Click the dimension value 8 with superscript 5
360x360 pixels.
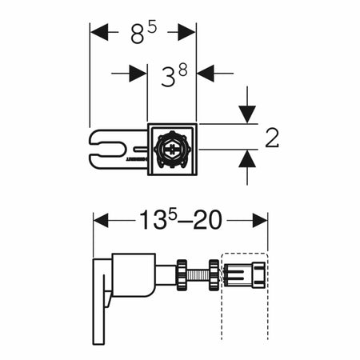point(143,33)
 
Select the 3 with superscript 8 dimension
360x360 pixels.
point(174,76)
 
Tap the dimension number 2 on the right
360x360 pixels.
point(272,138)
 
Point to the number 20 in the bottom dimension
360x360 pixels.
point(207,220)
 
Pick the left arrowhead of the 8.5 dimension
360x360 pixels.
point(99,32)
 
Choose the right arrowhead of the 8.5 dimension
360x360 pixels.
point(186,32)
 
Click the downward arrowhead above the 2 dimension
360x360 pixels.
point(247,114)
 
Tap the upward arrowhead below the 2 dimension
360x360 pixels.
point(247,158)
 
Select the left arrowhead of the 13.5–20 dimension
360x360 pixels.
point(102,220)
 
